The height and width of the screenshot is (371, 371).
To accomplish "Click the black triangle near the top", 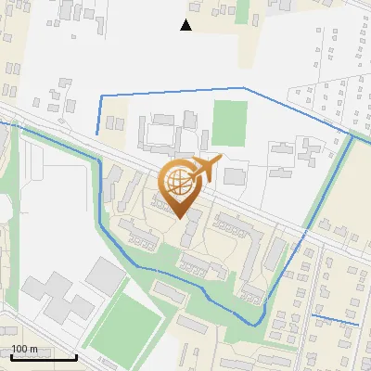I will [186, 25].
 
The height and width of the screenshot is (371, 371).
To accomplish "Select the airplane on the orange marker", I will [206, 169].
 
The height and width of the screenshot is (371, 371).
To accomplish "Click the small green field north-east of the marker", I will [228, 122].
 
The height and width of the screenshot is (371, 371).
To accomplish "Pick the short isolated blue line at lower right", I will [336, 321].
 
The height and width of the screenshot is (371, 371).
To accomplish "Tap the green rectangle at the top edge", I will [242, 11].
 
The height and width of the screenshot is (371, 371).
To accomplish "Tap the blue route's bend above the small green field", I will [245, 88].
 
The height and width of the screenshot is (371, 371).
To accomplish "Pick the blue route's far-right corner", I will [353, 137].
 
